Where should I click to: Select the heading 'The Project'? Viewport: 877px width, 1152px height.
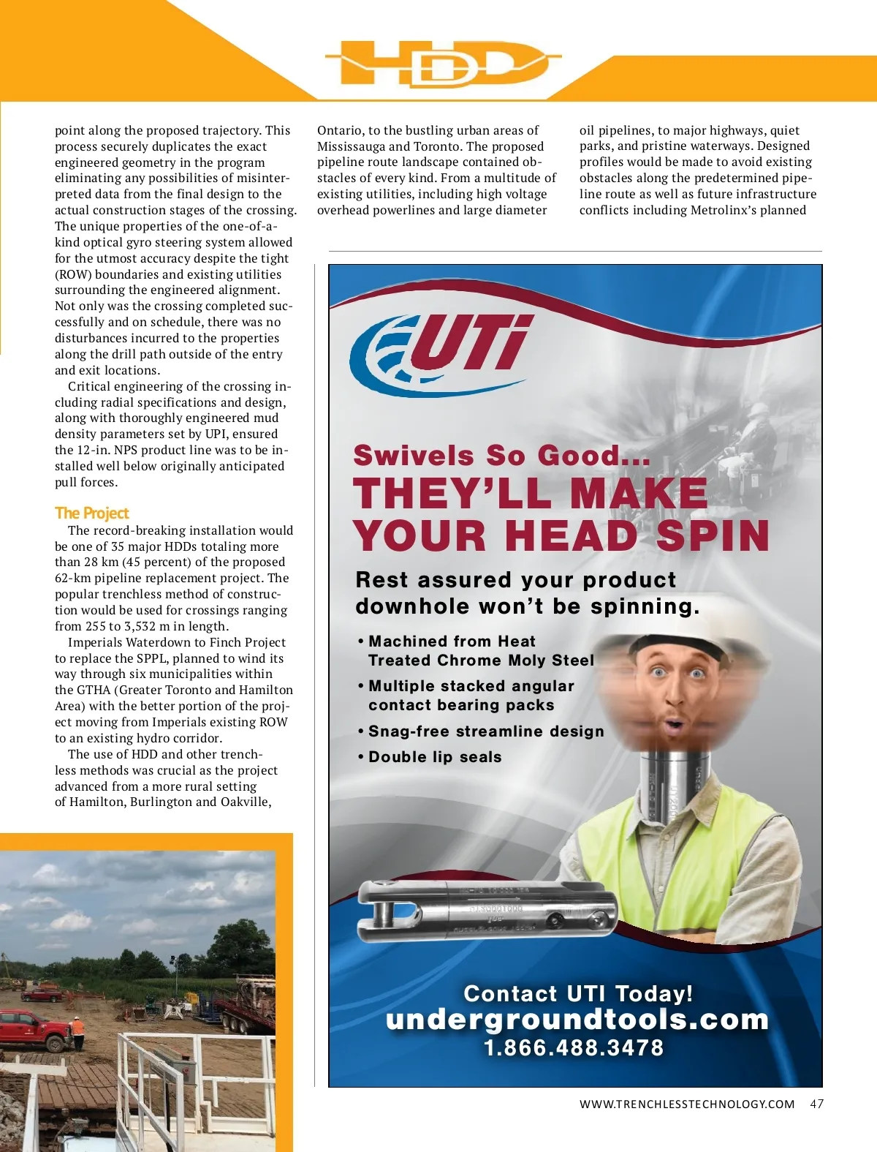tap(91, 513)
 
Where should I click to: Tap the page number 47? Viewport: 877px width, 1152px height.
tap(816, 1104)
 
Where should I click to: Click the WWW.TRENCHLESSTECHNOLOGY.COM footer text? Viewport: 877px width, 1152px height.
tap(686, 1104)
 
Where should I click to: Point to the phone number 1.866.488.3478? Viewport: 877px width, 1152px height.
tap(574, 1047)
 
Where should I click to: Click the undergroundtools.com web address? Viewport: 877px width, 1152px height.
tap(577, 1019)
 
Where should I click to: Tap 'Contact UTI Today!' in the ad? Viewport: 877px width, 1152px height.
tap(578, 993)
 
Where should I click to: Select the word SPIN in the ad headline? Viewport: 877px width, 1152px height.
tap(713, 535)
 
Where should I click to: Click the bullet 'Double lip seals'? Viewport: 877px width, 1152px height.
tap(435, 757)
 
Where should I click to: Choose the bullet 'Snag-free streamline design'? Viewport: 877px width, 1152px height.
tap(486, 731)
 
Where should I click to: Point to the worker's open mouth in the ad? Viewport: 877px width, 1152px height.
tap(675, 725)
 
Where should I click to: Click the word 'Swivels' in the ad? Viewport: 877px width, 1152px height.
tap(414, 455)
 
